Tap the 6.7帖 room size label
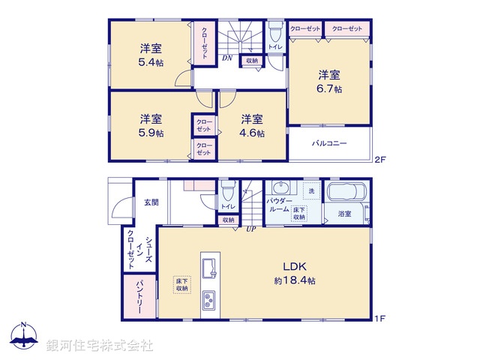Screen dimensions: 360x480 tap(329, 88)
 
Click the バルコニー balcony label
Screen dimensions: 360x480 tap(329, 143)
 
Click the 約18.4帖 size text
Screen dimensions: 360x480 tap(294, 280)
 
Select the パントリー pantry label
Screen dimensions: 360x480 tap(139, 294)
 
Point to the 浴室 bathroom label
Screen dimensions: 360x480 tap(345, 214)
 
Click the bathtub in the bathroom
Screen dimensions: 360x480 tap(346, 192)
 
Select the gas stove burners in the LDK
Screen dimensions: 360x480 tap(208, 301)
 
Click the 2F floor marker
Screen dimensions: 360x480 tap(379, 159)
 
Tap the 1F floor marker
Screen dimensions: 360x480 tap(379, 319)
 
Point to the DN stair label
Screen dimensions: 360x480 tap(226, 58)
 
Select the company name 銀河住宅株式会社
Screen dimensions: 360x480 tap(100, 346)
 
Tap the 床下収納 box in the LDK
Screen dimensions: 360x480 tap(182, 285)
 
